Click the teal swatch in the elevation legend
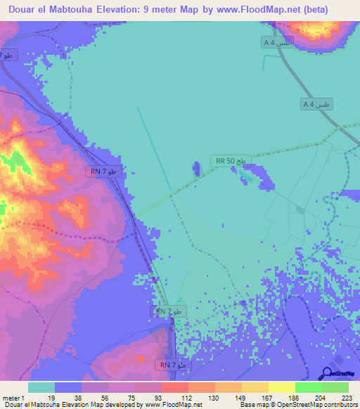[x=41, y=387]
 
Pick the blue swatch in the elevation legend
[x=67, y=387]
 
